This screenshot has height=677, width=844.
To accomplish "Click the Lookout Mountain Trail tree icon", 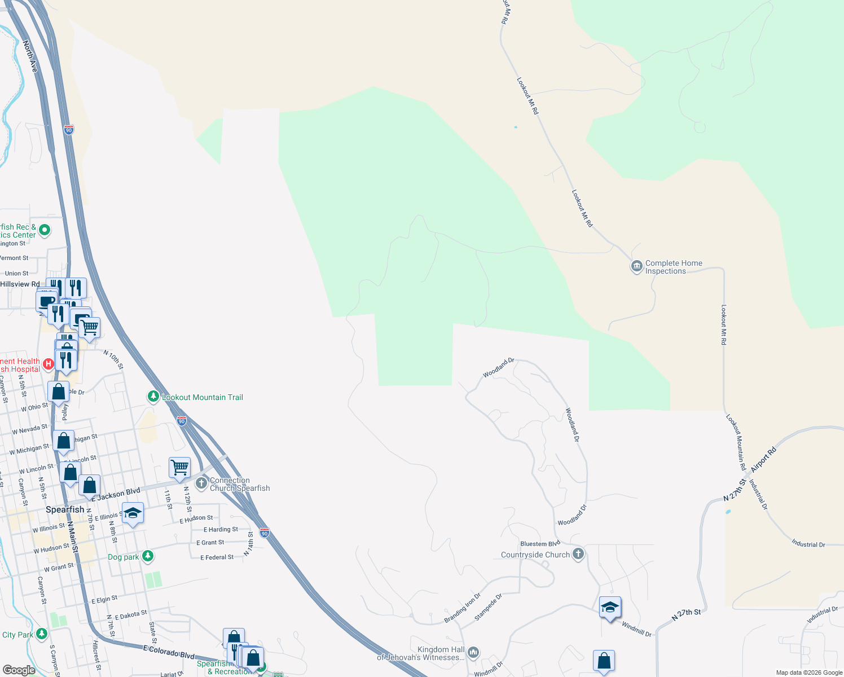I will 153,397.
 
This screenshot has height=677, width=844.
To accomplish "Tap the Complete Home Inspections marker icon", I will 637,266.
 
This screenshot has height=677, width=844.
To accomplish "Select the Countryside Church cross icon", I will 578,554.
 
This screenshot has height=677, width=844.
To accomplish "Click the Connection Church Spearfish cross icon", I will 201,483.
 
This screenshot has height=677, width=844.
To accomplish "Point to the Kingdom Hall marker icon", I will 473,653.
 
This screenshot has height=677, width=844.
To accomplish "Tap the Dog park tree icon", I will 148,556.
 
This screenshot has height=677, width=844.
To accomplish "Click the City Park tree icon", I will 42,634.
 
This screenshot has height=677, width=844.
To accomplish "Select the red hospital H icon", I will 49,364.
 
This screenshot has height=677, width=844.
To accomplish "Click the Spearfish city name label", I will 65,509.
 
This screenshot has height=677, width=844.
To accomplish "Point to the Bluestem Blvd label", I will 540,544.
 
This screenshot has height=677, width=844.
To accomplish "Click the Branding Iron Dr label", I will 462,608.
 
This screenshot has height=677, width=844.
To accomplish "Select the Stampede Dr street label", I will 488,607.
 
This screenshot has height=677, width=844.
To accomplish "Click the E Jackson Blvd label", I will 116,494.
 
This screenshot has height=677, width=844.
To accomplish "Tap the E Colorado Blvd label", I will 169,652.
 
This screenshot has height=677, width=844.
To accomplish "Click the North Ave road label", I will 30,56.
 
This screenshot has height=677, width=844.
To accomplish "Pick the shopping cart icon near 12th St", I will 179,467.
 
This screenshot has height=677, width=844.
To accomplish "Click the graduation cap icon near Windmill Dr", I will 610,607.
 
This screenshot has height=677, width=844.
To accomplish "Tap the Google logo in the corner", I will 19,670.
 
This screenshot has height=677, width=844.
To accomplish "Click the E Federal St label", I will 217,557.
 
